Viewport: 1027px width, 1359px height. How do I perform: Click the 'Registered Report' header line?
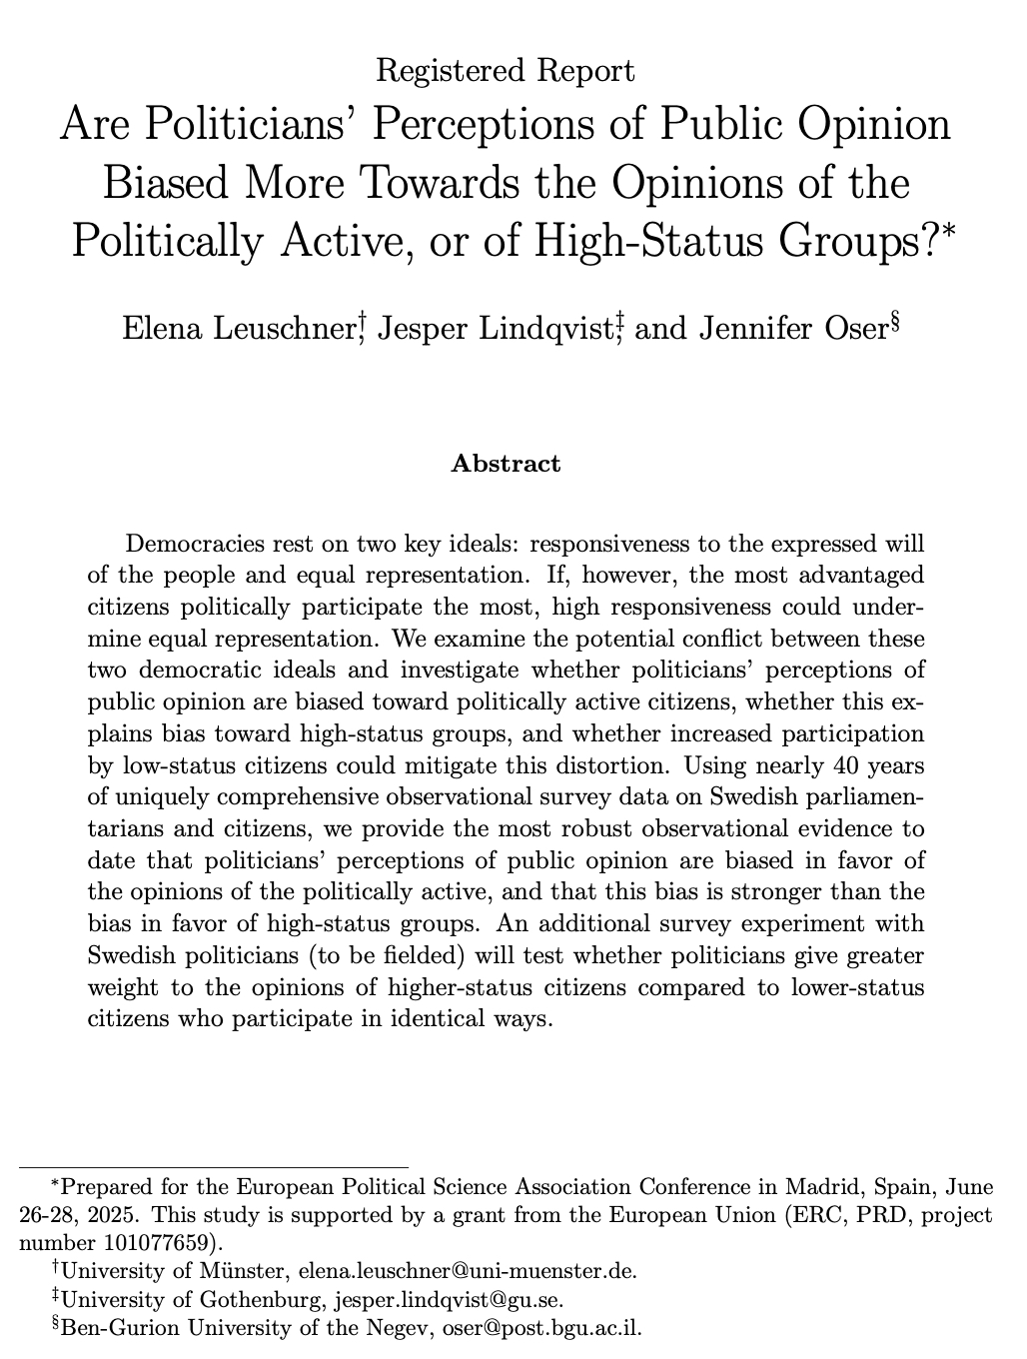[506, 71]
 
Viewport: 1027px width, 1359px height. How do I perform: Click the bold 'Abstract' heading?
[506, 464]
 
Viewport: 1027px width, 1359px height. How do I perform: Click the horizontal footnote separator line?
[215, 1165]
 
